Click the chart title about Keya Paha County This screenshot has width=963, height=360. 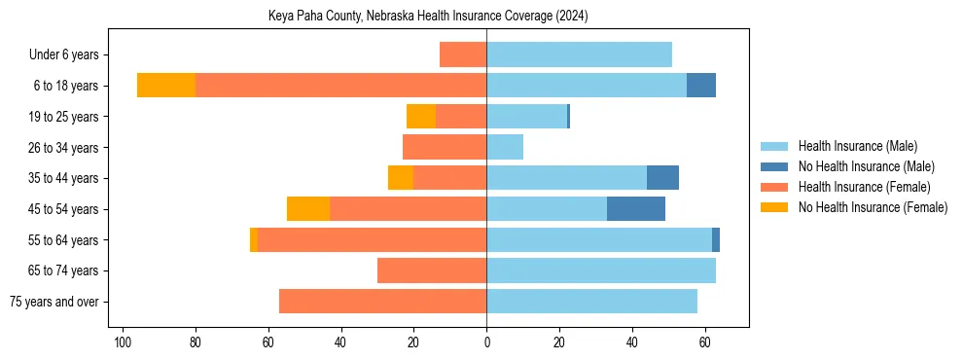(428, 17)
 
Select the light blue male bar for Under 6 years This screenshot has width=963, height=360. (579, 54)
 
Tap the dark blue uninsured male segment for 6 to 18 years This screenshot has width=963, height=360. (701, 86)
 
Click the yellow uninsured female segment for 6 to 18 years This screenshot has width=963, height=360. (166, 86)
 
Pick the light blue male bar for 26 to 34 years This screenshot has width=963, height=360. (505, 147)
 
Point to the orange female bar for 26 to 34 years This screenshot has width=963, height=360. (445, 147)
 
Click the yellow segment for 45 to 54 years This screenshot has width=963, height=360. (308, 208)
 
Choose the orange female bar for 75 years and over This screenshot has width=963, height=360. (382, 302)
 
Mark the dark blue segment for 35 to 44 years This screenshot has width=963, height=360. (662, 178)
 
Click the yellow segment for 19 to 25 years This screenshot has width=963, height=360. (421, 117)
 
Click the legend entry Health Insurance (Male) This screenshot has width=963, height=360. (857, 146)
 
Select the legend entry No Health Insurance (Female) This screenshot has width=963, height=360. (873, 207)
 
